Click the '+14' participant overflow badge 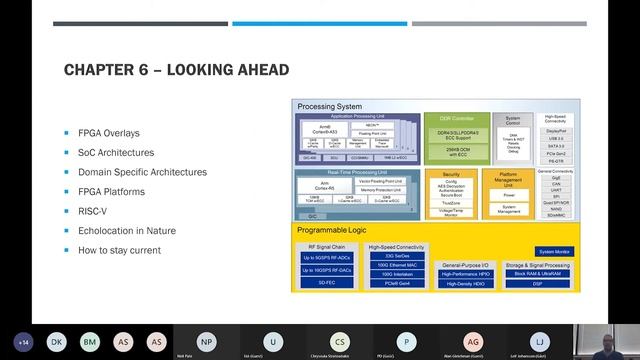pos(23,341)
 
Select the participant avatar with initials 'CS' pos(341,340)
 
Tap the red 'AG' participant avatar pos(473,340)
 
